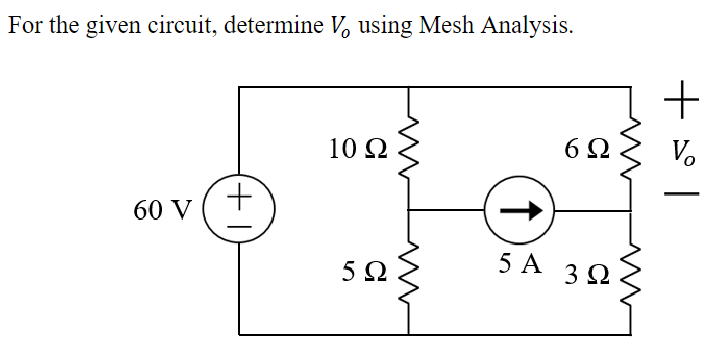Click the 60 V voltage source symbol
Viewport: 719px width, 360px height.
click(240, 210)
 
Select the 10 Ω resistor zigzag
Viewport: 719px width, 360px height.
click(410, 151)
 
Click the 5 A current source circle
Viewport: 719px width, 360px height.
click(519, 210)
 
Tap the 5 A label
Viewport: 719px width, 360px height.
click(519, 264)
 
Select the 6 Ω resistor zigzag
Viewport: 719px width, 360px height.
click(631, 151)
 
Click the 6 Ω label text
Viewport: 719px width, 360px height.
click(585, 150)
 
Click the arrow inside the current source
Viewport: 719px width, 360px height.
click(520, 210)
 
